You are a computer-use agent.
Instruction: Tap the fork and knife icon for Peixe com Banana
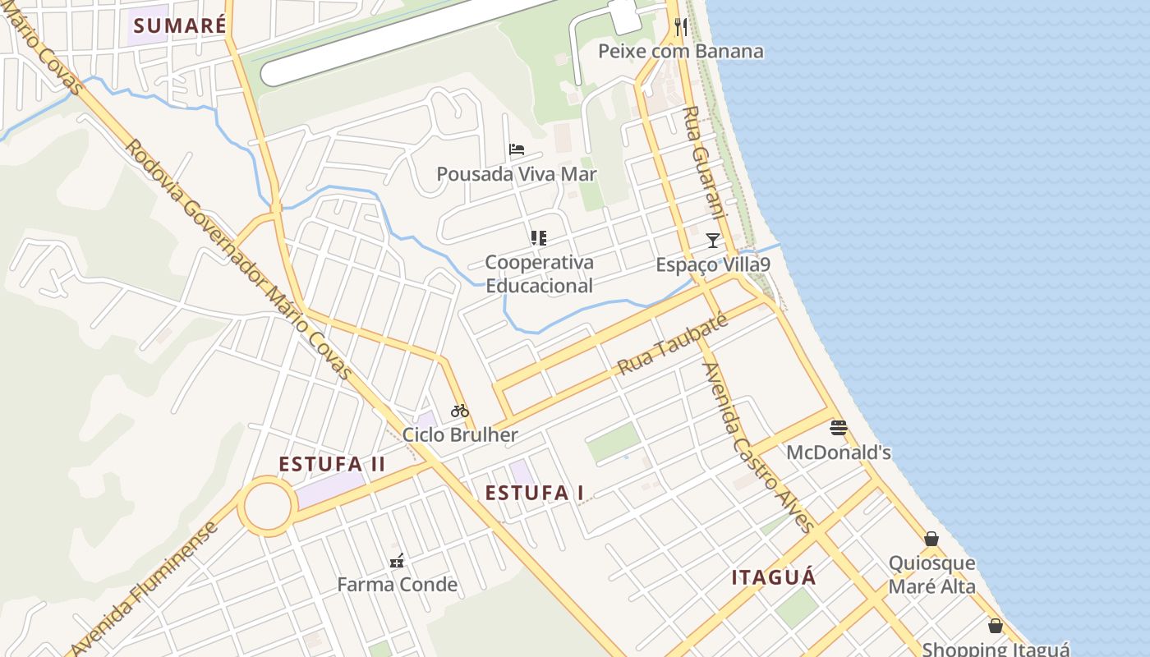point(681,27)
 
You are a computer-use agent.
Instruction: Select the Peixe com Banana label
point(680,51)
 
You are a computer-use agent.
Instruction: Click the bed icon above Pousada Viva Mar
point(517,149)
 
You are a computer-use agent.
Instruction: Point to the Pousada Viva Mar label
point(516,174)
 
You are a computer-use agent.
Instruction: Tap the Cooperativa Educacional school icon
point(539,238)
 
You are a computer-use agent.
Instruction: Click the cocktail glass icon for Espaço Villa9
point(713,241)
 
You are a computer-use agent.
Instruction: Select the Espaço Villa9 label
point(712,265)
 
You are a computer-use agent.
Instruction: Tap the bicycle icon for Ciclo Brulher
point(459,411)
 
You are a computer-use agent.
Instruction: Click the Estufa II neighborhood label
point(332,464)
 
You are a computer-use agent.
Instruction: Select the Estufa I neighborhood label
point(534,493)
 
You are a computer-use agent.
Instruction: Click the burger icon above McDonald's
point(839,428)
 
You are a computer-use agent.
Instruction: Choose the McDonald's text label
point(839,453)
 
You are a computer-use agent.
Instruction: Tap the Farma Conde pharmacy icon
point(398,562)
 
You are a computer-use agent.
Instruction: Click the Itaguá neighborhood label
point(774,577)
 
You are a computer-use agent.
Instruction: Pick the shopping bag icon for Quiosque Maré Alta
point(931,539)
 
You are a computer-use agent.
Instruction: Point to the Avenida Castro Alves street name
point(757,448)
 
